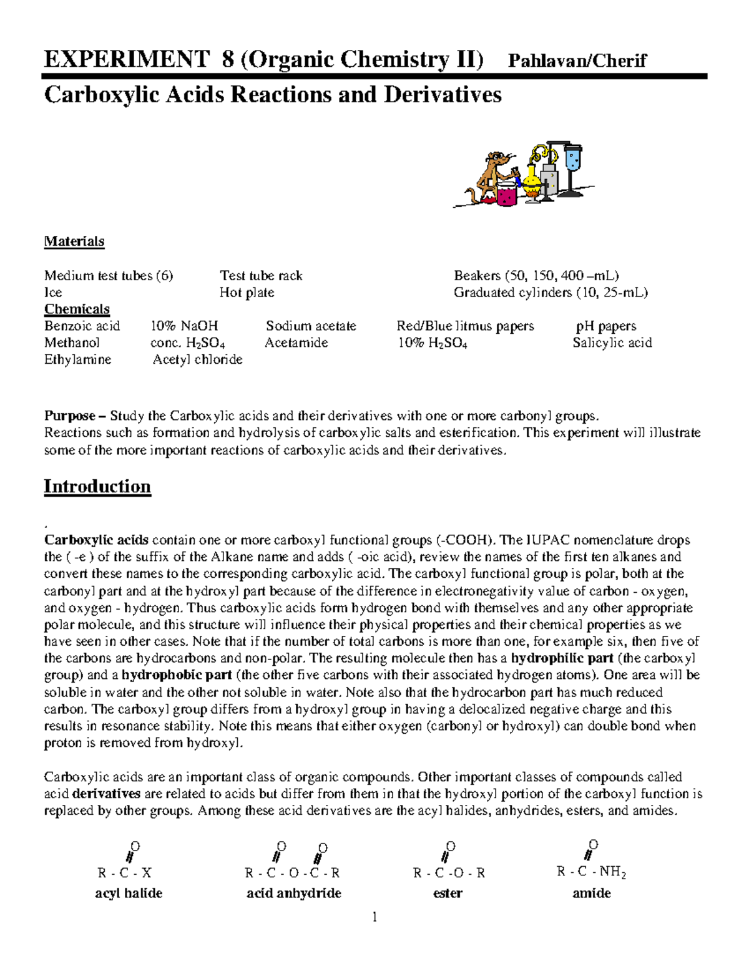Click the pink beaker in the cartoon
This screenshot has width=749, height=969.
(x=506, y=197)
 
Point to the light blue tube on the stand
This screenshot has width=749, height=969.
(x=572, y=158)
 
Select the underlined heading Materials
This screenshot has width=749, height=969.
(x=74, y=241)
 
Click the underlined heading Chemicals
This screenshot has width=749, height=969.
(x=77, y=309)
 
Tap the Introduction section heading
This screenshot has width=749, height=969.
(x=97, y=487)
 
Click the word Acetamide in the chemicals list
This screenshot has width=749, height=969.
(x=296, y=343)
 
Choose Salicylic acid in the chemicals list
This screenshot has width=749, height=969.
(x=612, y=343)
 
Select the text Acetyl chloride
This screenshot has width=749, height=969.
(x=197, y=359)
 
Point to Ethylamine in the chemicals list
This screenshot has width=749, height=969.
(x=77, y=359)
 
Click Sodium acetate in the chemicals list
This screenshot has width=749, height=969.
(x=311, y=326)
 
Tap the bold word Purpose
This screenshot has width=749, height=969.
(x=69, y=416)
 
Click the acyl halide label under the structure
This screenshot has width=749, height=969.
(x=129, y=894)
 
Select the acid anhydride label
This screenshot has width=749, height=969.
(x=294, y=894)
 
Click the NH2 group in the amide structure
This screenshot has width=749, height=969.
(x=612, y=872)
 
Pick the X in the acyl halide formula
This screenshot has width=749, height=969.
(x=147, y=873)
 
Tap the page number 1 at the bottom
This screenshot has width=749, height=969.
(x=374, y=917)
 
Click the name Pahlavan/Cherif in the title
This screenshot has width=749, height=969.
(x=577, y=61)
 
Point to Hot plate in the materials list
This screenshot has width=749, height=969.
(x=247, y=293)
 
